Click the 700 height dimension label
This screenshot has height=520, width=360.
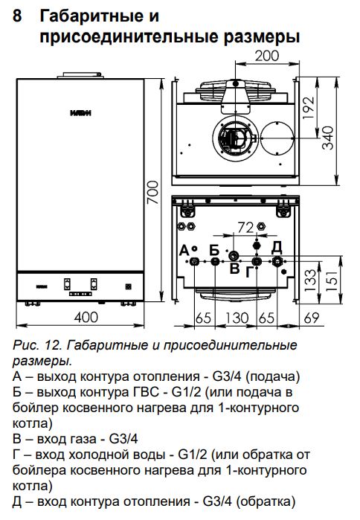click(153, 193)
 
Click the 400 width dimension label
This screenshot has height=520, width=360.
click(86, 318)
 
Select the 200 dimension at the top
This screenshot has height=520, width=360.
click(267, 55)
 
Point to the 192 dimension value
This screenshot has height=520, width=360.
click(309, 108)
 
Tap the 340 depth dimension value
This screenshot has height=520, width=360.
click(328, 138)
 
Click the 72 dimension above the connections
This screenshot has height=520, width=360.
click(245, 228)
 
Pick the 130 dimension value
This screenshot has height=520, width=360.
click(237, 318)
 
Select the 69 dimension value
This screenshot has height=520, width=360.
click(312, 318)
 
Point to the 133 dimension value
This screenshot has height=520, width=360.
click(311, 280)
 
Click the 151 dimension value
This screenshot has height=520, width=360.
click(332, 281)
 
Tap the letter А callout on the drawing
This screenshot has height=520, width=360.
click(184, 251)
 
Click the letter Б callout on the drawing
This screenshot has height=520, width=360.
click(215, 250)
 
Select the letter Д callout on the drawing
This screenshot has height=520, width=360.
click(277, 247)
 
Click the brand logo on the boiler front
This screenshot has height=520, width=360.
click(80, 113)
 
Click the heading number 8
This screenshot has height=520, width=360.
click(17, 16)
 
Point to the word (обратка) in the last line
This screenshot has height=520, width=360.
click(266, 501)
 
